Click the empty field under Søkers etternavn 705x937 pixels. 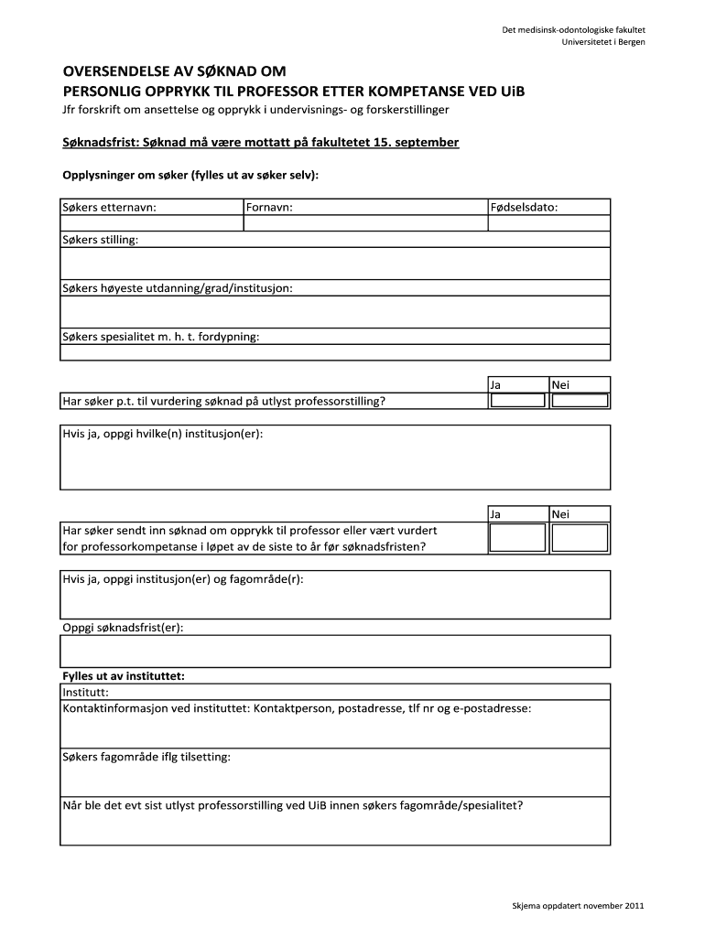tap(151, 223)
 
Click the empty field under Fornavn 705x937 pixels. tap(365, 223)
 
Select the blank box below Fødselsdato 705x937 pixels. tap(549, 223)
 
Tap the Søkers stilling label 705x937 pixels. tap(101, 240)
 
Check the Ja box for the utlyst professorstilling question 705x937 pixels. tap(517, 401)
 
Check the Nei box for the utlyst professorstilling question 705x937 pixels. tap(580, 401)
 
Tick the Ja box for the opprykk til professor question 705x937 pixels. tap(517, 537)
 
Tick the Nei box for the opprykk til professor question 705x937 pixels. tap(580, 537)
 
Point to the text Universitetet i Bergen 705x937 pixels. tap(603, 43)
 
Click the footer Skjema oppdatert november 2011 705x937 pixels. tap(578, 906)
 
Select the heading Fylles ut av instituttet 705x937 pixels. tap(124, 676)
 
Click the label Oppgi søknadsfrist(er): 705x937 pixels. tap(123, 628)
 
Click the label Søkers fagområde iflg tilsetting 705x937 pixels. tap(146, 757)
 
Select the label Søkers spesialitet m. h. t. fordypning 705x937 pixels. tap(161, 337)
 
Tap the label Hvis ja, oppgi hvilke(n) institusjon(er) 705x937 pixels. tap(163, 433)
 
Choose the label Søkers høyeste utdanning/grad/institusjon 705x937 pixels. tap(178, 288)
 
